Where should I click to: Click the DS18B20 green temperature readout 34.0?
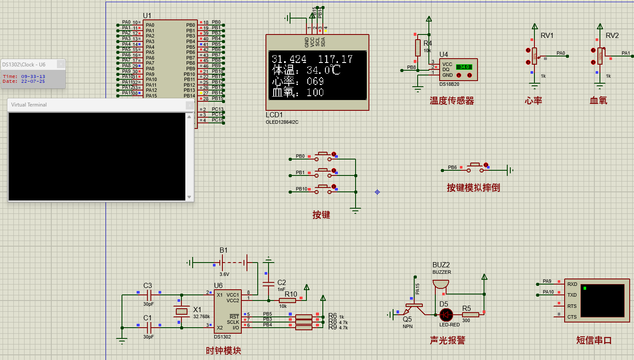464,67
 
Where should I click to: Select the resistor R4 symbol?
418,47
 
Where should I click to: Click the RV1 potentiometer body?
534,56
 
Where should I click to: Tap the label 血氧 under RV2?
598,100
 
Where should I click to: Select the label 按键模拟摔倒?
473,188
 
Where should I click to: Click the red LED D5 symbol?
446,315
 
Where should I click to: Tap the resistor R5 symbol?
470,315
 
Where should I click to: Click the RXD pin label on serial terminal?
572,284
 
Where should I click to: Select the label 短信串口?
594,340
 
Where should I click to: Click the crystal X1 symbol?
182,311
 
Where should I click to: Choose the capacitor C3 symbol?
149,295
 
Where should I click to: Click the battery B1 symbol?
233,262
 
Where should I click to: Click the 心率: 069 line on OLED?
297,81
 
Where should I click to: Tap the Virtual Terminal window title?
29,105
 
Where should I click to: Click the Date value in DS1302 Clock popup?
33,81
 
